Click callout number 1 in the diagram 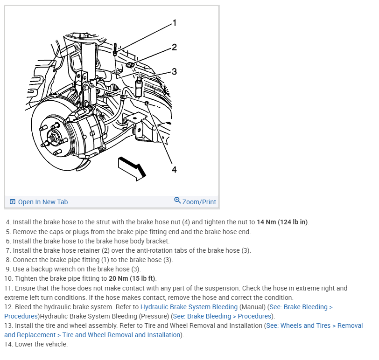[x=174, y=23]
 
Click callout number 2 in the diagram [x=174, y=47]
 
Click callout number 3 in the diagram [x=174, y=71]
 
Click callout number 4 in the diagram [x=174, y=169]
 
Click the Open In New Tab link [x=42, y=202]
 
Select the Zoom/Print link [x=199, y=202]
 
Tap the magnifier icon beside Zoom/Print [x=177, y=201]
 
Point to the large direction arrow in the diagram [x=132, y=168]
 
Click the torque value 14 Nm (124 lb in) [x=282, y=222]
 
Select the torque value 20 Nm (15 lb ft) [x=132, y=278]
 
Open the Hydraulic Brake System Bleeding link [x=189, y=307]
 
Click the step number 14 [x=8, y=344]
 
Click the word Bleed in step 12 [x=24, y=307]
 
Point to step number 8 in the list [x=8, y=260]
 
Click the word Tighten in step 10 [x=27, y=278]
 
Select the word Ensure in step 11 [x=25, y=288]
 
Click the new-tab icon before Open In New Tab [x=13, y=202]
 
